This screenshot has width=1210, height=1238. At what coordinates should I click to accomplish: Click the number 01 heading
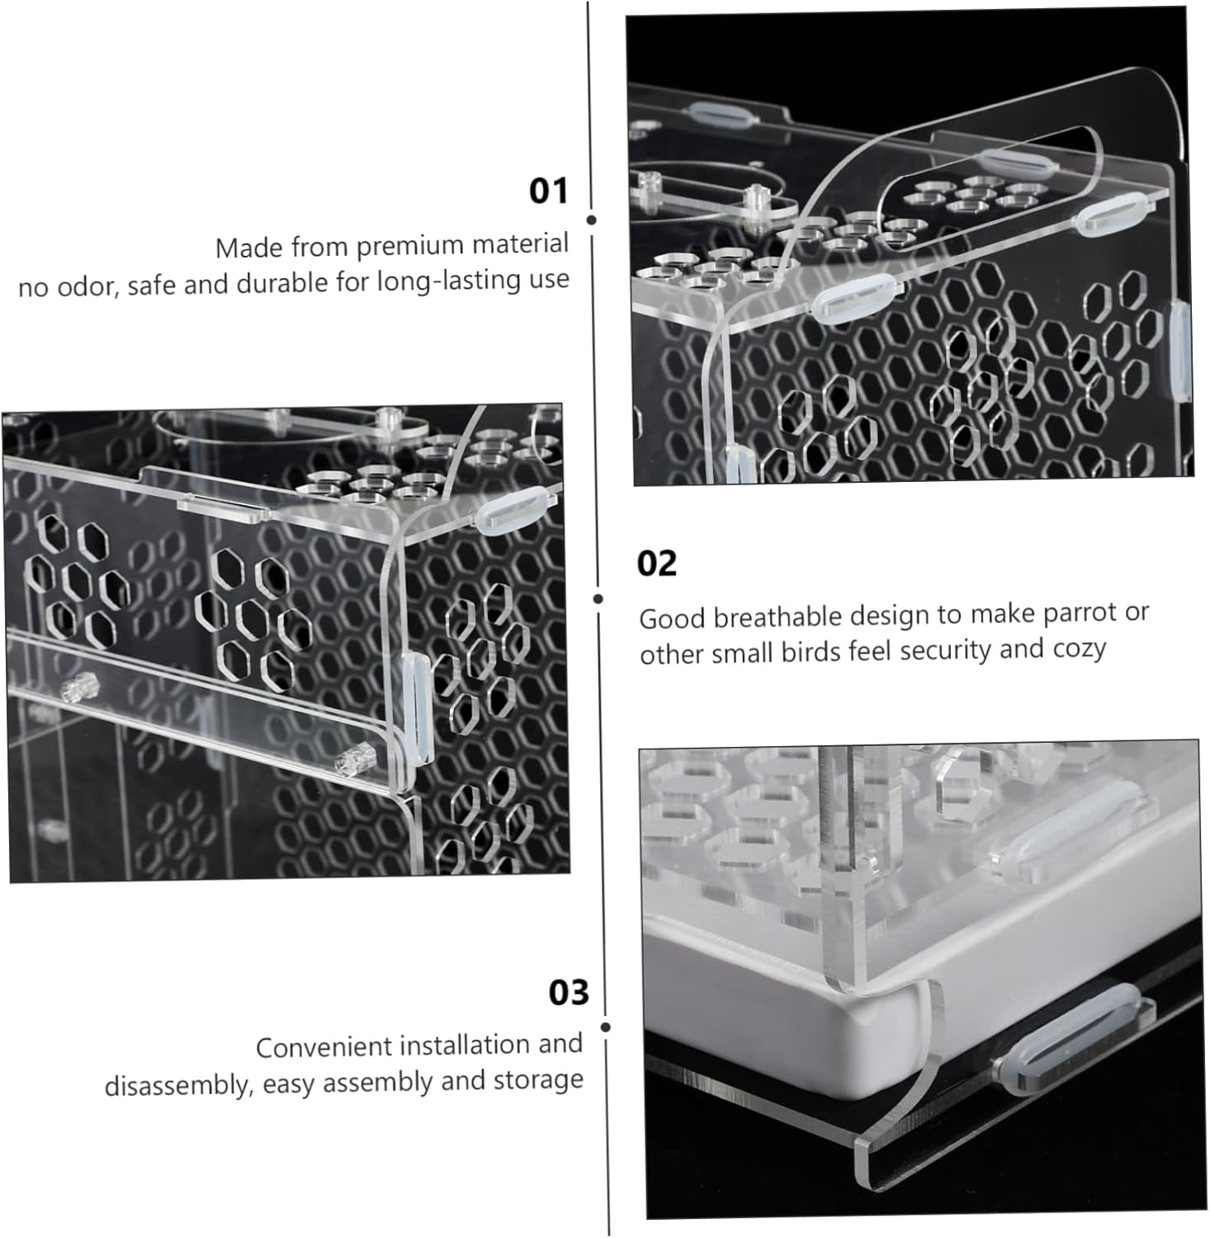point(549,191)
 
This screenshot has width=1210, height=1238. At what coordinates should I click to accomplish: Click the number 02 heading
point(657,564)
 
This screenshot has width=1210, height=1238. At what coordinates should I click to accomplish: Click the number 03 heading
point(569,993)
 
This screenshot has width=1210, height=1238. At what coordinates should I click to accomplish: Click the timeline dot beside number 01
point(592,220)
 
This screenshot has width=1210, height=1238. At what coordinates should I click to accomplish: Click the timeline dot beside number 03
point(606,1028)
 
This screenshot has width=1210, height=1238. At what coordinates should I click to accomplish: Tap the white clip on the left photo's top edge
point(513,506)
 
